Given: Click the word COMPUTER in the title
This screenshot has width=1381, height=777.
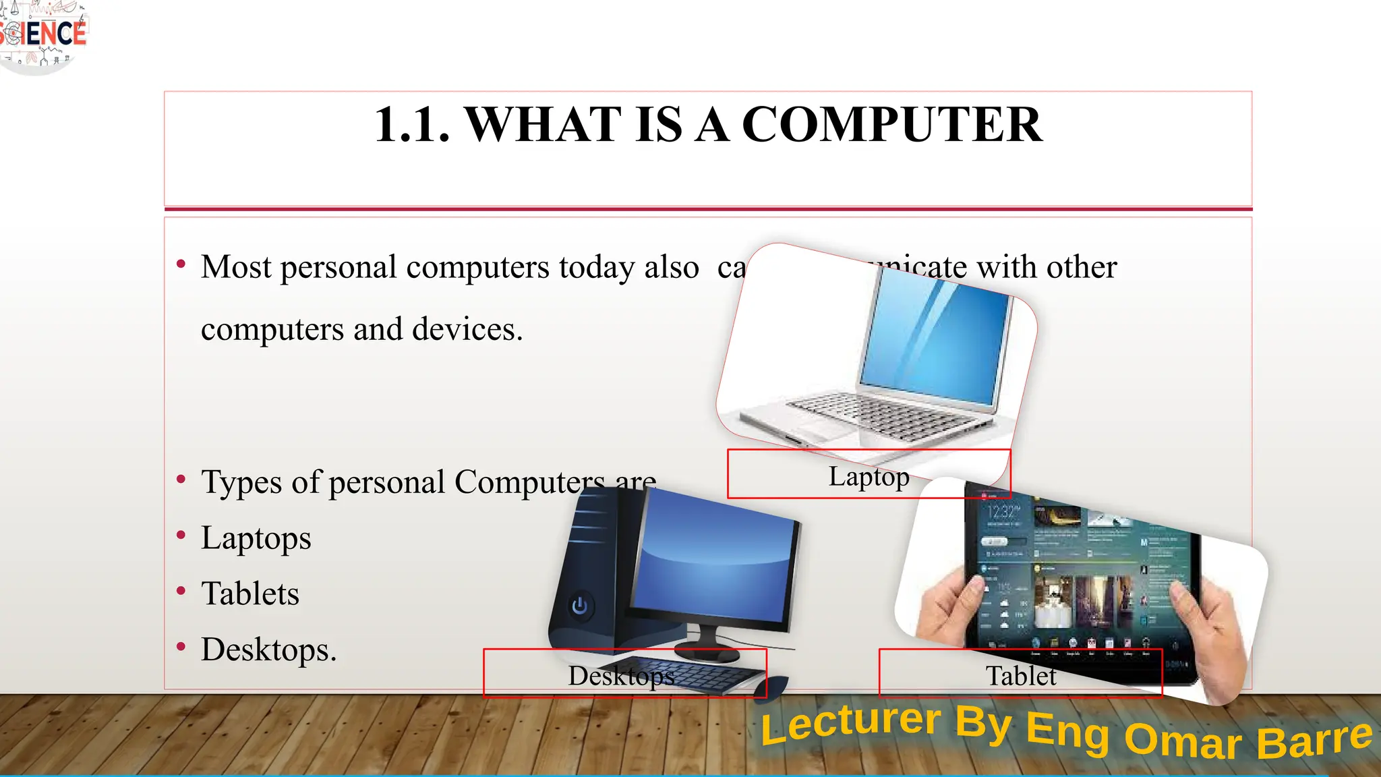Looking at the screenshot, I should (x=891, y=125).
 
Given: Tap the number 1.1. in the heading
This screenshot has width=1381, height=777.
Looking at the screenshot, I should (x=411, y=125).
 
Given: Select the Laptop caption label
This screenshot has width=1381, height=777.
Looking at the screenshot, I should (x=869, y=476).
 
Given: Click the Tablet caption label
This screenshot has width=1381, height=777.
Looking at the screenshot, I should (x=1020, y=675).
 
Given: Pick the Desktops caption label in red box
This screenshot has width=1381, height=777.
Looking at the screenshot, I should (x=621, y=675).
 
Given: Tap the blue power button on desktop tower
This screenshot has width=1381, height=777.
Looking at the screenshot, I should (x=579, y=606).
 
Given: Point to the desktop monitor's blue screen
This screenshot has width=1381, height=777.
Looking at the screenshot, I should (x=715, y=553).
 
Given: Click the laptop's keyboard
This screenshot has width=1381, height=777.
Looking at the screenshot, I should (x=877, y=411).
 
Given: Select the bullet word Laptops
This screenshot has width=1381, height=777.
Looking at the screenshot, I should (x=256, y=538).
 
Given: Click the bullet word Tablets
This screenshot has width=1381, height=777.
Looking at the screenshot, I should (x=250, y=594).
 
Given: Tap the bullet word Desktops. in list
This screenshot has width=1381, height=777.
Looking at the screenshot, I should (x=268, y=650).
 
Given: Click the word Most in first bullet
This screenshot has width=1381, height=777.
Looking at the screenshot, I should (x=236, y=267).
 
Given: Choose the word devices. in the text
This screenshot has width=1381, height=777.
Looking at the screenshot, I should (x=467, y=329).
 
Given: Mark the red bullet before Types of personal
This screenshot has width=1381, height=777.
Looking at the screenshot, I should (x=181, y=480).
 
